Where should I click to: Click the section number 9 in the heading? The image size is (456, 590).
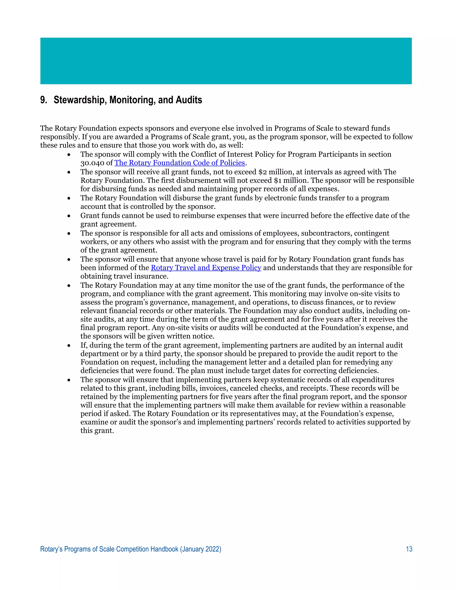[43, 100]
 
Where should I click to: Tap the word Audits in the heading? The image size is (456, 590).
[189, 100]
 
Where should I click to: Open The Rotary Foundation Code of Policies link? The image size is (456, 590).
[180, 163]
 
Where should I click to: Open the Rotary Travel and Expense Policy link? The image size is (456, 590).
[206, 268]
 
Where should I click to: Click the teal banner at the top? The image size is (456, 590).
[226, 61]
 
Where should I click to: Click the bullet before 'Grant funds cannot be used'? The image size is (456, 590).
[69, 216]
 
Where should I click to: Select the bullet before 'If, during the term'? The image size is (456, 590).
[69, 346]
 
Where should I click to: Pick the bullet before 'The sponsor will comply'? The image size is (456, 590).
[69, 155]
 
